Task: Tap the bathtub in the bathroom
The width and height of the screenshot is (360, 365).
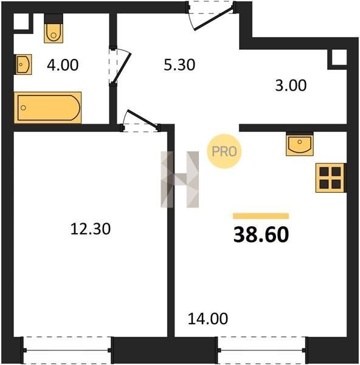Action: (x=47, y=108)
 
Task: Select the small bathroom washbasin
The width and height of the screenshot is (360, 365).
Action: (x=24, y=64)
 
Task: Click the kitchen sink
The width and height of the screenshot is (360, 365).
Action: (x=300, y=144)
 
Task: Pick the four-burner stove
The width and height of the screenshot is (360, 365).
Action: (x=330, y=178)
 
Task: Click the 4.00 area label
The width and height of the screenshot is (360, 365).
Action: (x=63, y=65)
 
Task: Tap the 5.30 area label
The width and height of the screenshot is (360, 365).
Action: (x=179, y=65)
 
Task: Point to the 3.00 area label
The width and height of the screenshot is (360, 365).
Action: (x=291, y=85)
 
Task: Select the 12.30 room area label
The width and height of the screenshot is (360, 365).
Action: (x=90, y=229)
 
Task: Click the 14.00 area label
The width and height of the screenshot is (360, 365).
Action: (x=207, y=319)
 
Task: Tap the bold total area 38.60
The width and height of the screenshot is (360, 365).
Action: (x=261, y=234)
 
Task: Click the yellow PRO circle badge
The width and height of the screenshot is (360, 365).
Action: (x=224, y=151)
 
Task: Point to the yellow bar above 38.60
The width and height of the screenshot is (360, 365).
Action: (x=261, y=216)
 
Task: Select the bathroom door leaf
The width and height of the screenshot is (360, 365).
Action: (x=122, y=68)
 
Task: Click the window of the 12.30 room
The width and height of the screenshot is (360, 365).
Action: (x=67, y=350)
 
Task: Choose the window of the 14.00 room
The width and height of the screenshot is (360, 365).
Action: (x=261, y=350)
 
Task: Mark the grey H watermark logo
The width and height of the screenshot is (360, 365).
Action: (x=179, y=179)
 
